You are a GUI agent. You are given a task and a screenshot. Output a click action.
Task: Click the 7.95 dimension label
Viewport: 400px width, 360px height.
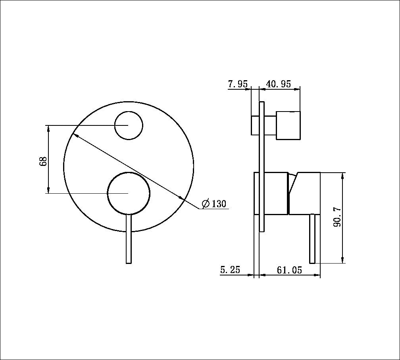(238, 84)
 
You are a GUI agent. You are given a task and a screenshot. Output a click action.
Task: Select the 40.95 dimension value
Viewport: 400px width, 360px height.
(278, 84)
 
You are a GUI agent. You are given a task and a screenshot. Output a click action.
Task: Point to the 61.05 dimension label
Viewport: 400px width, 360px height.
(289, 270)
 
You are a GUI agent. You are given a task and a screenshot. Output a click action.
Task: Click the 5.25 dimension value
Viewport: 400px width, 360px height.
(230, 270)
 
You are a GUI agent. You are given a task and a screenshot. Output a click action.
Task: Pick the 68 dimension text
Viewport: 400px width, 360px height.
(43, 161)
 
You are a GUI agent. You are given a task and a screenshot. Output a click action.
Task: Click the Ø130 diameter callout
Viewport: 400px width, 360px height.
(214, 204)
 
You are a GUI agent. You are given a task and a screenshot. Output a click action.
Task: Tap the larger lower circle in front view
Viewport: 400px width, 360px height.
(129, 193)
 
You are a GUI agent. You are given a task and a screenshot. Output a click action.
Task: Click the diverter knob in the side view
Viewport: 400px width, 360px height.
(288, 125)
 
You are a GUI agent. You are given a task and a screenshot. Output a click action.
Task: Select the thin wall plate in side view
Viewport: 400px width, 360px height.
(262, 167)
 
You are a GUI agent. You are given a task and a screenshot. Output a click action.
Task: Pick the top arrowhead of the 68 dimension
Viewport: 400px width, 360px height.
(48, 128)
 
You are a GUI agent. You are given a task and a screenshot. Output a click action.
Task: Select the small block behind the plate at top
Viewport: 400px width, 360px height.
(255, 125)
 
